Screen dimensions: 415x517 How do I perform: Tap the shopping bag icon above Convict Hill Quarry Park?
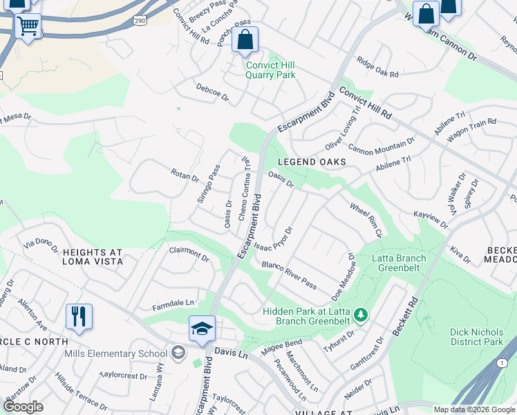[x=245, y=40]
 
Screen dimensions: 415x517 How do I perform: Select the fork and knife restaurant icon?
[x=79, y=316]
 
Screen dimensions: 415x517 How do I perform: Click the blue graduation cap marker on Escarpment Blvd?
[x=202, y=328]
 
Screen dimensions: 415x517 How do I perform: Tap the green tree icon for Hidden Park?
[x=359, y=315]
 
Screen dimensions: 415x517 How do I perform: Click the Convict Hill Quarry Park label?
[x=271, y=70]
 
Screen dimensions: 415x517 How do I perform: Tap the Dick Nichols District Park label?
[x=477, y=337]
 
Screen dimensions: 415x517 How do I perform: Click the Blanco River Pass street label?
[x=289, y=275]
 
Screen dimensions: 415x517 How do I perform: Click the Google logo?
[x=23, y=407]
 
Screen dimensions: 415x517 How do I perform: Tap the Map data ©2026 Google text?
[x=473, y=409]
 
